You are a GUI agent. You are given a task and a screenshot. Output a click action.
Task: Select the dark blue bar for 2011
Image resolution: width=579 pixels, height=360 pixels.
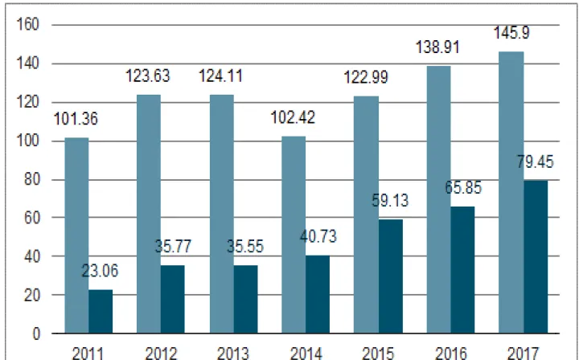pyautogui.click(x=101, y=311)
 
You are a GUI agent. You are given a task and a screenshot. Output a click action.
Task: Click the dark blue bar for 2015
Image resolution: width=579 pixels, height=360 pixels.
pyautogui.click(x=391, y=276)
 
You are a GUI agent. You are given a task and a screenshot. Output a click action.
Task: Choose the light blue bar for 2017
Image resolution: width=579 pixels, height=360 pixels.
pyautogui.click(x=511, y=192)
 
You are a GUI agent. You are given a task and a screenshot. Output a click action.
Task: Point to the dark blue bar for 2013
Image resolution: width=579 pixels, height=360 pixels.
pyautogui.click(x=246, y=299)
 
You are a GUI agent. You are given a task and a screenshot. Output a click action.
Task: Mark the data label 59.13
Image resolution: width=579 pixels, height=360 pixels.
pyautogui.click(x=390, y=201)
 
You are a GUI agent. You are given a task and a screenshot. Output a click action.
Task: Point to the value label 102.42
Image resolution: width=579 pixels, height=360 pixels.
pyautogui.click(x=294, y=118)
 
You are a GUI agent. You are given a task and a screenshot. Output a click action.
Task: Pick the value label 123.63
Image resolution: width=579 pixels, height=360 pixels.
pyautogui.click(x=148, y=77)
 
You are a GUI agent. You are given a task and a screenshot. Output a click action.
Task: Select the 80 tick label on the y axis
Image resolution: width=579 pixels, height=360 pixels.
pyautogui.click(x=32, y=178)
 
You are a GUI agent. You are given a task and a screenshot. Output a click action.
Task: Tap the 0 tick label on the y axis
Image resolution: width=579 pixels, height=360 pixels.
pyautogui.click(x=35, y=332)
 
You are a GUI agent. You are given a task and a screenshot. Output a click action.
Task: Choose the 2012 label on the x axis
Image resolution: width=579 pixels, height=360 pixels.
pyautogui.click(x=161, y=352)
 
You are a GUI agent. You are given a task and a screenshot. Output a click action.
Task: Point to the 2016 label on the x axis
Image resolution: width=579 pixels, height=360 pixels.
pyautogui.click(x=451, y=352)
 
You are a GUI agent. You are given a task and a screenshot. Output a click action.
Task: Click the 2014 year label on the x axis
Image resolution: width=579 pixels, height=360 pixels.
pyautogui.click(x=306, y=352)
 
